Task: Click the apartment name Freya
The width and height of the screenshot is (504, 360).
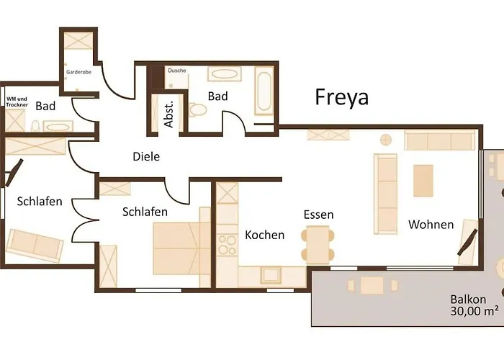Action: tap(341, 97)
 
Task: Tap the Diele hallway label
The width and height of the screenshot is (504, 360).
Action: tap(146, 156)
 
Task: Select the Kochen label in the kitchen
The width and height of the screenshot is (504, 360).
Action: tap(264, 235)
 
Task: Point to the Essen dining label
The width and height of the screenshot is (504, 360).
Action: tap(318, 215)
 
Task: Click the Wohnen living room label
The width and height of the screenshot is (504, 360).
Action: tap(431, 225)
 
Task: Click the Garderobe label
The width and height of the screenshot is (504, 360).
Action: tap(78, 73)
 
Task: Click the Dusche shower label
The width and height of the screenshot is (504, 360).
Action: tap(176, 71)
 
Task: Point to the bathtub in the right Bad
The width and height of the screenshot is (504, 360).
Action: tap(264, 92)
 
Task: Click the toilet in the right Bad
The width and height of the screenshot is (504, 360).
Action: tap(198, 110)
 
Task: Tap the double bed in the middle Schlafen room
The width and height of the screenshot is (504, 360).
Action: tap(176, 248)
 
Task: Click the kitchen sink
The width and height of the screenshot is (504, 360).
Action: tap(271, 274)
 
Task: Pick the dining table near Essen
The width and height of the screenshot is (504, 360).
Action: tap(318, 243)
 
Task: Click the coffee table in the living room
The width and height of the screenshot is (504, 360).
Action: tap(423, 181)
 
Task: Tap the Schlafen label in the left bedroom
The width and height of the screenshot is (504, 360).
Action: tap(39, 202)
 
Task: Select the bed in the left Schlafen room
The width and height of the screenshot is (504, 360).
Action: tap(35, 245)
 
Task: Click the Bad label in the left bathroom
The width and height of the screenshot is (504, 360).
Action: tap(45, 107)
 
